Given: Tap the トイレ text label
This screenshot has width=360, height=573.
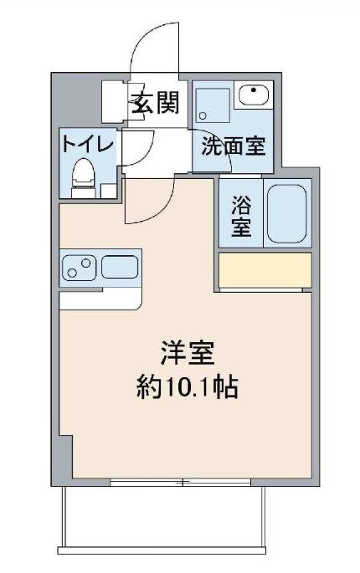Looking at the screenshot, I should (x=86, y=143).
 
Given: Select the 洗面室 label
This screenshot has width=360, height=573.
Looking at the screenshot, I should (x=233, y=146).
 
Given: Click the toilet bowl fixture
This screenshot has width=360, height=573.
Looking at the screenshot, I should (x=82, y=177).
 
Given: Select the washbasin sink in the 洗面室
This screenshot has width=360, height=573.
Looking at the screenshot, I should (x=252, y=95).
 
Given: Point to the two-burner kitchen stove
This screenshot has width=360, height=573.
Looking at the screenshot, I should (x=79, y=268).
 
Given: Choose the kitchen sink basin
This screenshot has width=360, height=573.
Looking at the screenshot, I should (x=120, y=268).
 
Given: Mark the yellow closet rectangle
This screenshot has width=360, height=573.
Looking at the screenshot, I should (x=265, y=269).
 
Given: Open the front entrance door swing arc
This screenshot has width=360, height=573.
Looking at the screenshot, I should (x=155, y=46).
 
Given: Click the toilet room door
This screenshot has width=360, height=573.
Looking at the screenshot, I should (x=136, y=150).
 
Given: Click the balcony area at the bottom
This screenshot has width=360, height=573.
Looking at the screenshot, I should (x=163, y=519).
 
